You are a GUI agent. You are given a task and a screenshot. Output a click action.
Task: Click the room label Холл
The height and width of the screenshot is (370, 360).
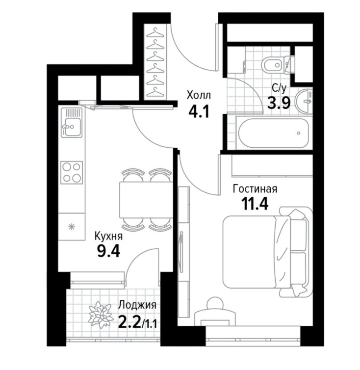pos(199,96)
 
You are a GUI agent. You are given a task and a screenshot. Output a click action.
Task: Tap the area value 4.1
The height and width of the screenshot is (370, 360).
pos(199,111)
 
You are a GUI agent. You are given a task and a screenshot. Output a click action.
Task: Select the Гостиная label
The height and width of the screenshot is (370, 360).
pos(255,189)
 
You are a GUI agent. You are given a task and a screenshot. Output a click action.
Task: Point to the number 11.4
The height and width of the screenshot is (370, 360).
pos(255,204)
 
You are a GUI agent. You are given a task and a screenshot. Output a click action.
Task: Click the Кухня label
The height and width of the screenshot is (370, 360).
pos(108,236)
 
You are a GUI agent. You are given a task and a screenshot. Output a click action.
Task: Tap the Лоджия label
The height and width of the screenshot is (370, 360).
pos(137,305)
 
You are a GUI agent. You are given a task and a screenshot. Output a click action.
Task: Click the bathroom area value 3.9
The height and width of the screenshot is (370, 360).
pos(279,103)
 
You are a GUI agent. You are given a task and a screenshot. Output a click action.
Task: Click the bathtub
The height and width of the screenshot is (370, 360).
pos(274,133)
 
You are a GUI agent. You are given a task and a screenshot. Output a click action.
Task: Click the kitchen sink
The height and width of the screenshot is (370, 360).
pos(72,123)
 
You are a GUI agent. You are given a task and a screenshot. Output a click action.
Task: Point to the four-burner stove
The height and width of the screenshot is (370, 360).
pos(72,173)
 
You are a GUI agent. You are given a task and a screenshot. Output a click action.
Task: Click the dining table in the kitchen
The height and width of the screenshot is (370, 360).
pos(146,200)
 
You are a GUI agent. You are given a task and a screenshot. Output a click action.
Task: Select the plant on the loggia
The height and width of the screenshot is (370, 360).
pos(100,315)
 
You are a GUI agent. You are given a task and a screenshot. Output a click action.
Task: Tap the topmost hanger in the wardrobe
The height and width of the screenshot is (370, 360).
pos(155,32)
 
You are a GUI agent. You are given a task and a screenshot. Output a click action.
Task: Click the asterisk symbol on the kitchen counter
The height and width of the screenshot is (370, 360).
pos(71,227)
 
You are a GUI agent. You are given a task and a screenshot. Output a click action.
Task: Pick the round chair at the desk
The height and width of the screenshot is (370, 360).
pos(215,303)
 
